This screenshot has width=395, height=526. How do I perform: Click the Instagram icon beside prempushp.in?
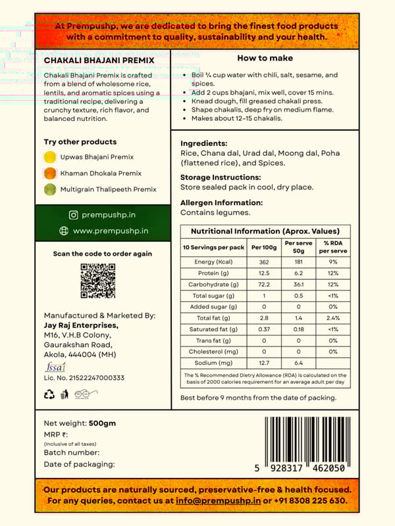(x=74, y=215)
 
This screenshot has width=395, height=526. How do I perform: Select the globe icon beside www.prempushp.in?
(x=64, y=231)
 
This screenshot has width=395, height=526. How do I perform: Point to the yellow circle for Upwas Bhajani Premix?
(x=49, y=157)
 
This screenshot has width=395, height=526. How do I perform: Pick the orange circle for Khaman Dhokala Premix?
(x=49, y=174)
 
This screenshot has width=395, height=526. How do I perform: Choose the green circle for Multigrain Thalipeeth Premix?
(x=49, y=189)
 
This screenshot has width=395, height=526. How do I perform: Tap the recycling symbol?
(x=49, y=394)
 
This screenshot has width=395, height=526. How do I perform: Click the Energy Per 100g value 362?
(x=265, y=262)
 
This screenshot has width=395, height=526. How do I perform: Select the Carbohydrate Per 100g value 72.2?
(x=265, y=285)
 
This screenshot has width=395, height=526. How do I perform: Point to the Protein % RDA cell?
(x=333, y=274)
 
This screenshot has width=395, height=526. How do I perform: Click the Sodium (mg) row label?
(x=214, y=363)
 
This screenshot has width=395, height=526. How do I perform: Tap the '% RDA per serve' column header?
(x=333, y=247)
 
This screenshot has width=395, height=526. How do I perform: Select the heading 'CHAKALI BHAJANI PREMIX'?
(x=99, y=60)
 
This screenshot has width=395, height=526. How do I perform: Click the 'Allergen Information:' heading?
(x=221, y=203)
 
